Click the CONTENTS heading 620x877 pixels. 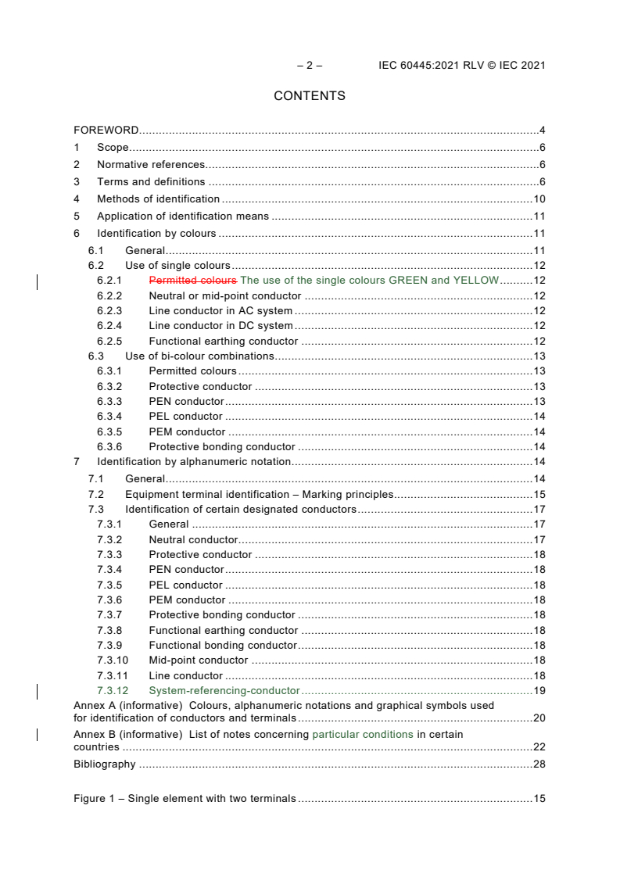click(x=310, y=96)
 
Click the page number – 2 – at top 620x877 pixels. click(x=310, y=66)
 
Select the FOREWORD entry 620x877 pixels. click(x=106, y=130)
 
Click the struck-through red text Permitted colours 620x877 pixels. click(x=192, y=281)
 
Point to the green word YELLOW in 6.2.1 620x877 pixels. click(x=475, y=281)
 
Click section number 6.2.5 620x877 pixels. click(x=109, y=342)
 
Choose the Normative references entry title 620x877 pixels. click(x=151, y=165)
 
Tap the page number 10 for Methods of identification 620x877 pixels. click(x=539, y=199)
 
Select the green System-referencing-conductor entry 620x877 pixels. click(x=224, y=691)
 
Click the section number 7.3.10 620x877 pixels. click(x=112, y=660)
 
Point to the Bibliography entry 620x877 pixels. click(x=104, y=764)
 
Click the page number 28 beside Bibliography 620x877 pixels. click(x=539, y=764)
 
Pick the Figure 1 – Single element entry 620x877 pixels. click(x=185, y=799)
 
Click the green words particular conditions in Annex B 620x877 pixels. click(x=363, y=735)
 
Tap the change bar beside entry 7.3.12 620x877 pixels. click(x=38, y=691)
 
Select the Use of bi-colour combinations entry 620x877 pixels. click(x=199, y=356)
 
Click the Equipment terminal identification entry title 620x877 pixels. click(x=259, y=495)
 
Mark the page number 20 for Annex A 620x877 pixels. click(x=539, y=718)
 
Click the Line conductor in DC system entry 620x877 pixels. click(x=221, y=326)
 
